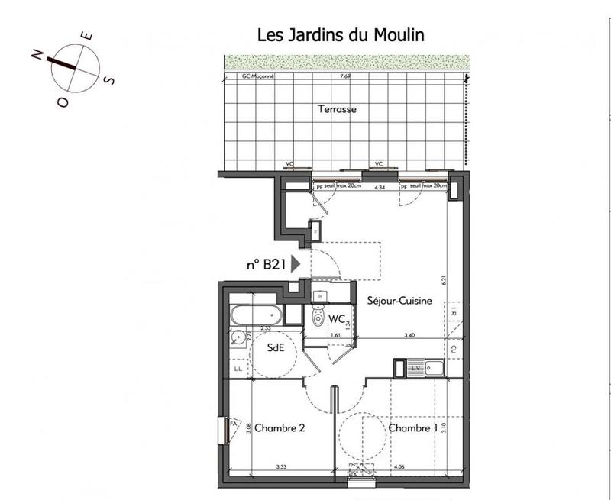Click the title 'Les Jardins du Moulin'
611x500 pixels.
(340, 35)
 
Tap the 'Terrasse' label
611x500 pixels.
(337, 109)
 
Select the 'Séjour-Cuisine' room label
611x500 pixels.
(399, 301)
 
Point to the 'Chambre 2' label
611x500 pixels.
(280, 428)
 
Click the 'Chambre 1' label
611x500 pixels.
(413, 428)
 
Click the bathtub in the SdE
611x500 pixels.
(257, 315)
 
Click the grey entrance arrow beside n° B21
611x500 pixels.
(296, 264)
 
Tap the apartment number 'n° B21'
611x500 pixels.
(265, 265)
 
